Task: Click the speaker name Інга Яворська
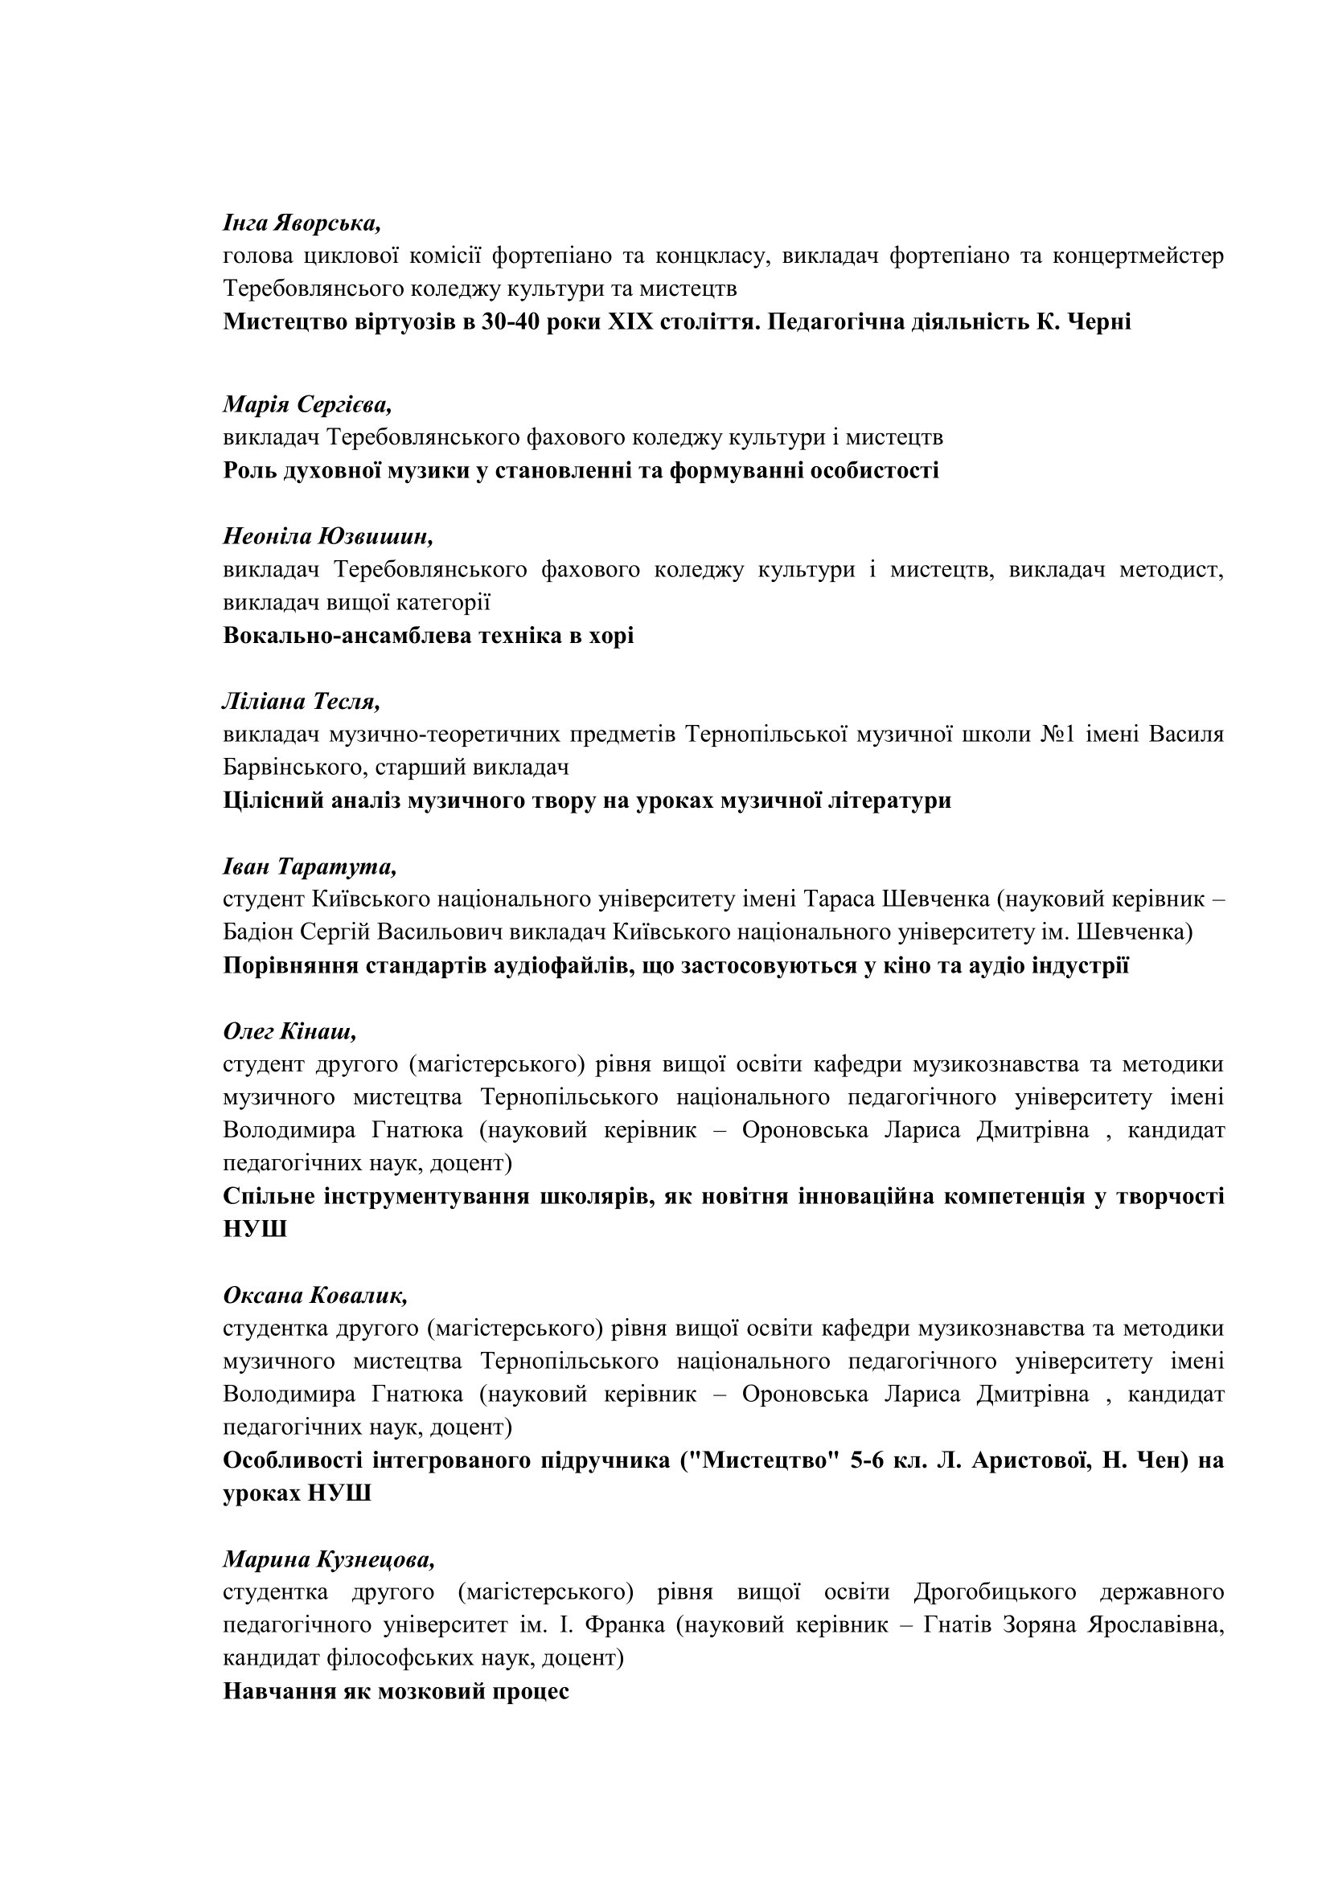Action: [302, 223]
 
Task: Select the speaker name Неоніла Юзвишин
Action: [327, 536]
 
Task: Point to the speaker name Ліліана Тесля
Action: [302, 702]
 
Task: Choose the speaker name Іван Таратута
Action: [310, 866]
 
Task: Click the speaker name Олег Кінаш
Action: [290, 1032]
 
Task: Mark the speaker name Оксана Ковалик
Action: [315, 1296]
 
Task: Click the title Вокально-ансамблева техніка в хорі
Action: [429, 636]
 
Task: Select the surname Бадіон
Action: [257, 932]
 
